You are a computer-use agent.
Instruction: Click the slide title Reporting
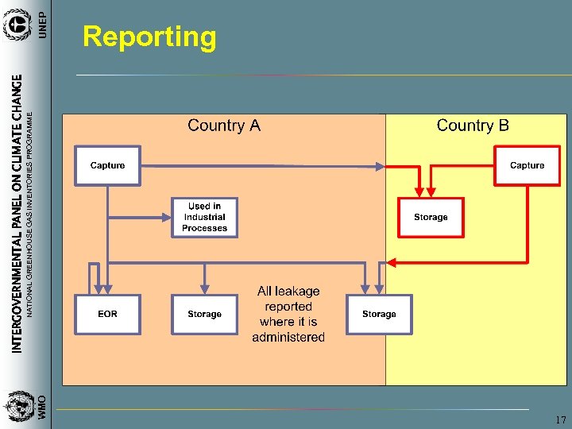(149, 37)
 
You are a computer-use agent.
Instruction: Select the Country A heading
(223, 126)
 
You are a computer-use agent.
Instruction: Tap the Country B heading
(473, 126)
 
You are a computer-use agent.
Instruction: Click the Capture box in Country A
(107, 165)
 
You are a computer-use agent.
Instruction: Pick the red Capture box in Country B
(527, 165)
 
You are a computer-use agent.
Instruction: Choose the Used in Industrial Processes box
(204, 217)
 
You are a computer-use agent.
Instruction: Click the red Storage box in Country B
(431, 217)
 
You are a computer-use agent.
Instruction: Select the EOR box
(107, 314)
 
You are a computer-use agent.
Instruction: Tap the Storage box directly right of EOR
(204, 314)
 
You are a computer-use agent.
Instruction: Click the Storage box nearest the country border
(379, 314)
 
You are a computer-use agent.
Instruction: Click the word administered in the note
(288, 337)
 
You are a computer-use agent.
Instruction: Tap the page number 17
(561, 419)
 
